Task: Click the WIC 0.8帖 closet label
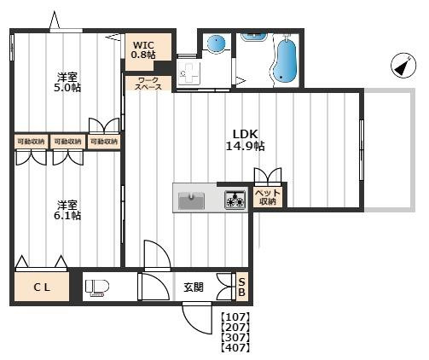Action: point(143,49)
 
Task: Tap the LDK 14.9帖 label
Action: point(245,140)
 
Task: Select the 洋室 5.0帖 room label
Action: point(67,82)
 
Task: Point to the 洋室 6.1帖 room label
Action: point(67,210)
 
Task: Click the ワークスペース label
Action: point(148,84)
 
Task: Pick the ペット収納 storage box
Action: point(268,197)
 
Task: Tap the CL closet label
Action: point(42,287)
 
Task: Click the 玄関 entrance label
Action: point(194,287)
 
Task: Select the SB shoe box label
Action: point(241,287)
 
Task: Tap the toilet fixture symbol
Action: point(97,287)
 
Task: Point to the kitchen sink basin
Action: point(191,200)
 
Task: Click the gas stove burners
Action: point(235,200)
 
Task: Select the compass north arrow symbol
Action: point(403,66)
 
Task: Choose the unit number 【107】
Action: point(235,317)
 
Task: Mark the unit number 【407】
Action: point(235,347)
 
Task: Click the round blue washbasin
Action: point(216,44)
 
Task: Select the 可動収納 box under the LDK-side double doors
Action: point(104,142)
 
